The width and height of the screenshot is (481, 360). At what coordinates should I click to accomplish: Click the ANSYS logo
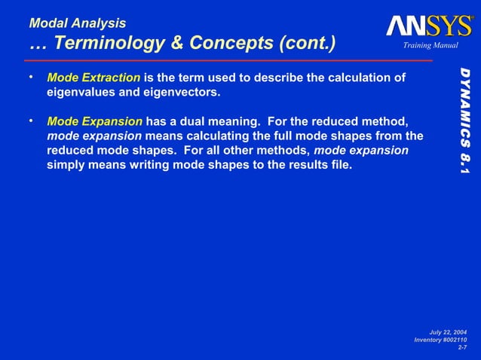point(429,26)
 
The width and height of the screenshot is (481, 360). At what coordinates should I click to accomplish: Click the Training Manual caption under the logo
point(425,47)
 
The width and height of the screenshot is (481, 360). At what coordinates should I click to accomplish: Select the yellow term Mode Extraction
point(93,78)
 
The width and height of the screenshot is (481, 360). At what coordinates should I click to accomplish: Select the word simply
point(66,165)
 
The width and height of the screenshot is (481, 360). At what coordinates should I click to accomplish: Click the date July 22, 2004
point(448,332)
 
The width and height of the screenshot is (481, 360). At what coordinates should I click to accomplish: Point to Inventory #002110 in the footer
point(440,340)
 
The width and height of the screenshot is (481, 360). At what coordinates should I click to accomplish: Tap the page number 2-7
point(462,347)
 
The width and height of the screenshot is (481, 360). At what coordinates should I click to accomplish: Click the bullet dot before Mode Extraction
point(31,78)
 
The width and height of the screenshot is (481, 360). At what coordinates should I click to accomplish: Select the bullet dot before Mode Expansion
point(31,121)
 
